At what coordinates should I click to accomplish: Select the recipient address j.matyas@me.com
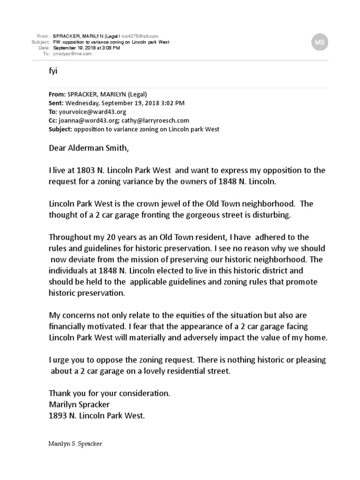[x=73, y=54]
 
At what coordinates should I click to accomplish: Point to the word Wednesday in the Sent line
[x=84, y=103]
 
